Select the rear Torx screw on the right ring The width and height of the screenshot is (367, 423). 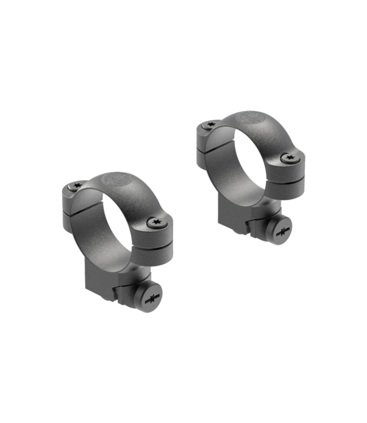[x=211, y=124]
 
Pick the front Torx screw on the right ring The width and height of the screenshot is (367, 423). [x=290, y=158]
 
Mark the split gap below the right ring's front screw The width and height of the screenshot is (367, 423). [x=292, y=180]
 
